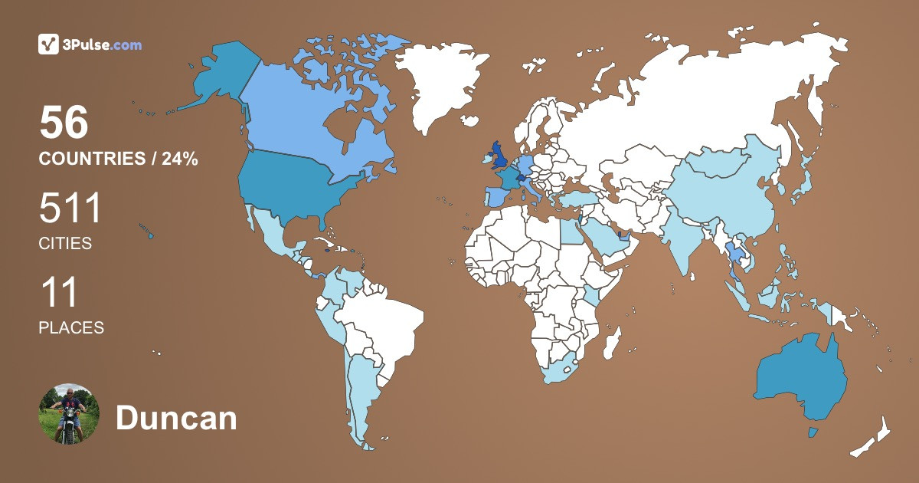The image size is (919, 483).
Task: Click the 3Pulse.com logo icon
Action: click(x=49, y=44)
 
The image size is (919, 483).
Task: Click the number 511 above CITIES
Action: click(x=70, y=209)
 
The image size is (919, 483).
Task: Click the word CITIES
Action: click(x=65, y=244)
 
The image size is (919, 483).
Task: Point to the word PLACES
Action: click(x=71, y=327)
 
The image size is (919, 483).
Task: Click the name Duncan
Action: click(x=176, y=419)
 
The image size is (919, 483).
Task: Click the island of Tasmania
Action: click(x=813, y=432)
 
